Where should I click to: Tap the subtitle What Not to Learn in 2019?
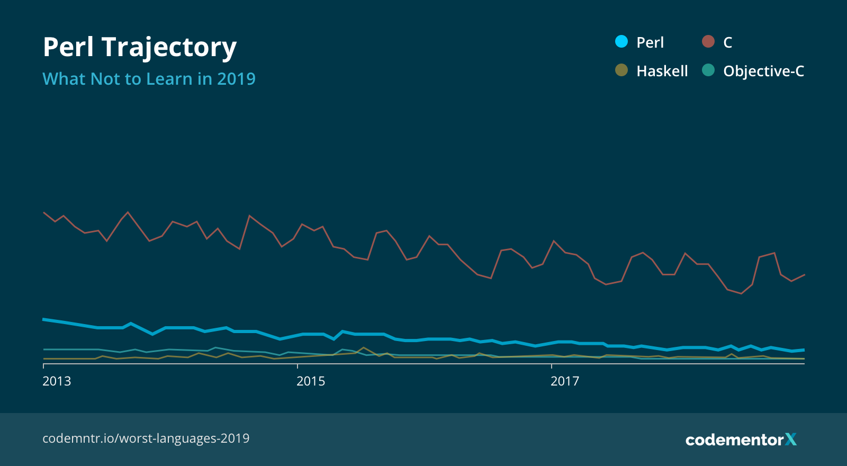pyautogui.click(x=149, y=79)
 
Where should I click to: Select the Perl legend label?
pyautogui.click(x=650, y=42)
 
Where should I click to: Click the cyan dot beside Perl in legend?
pyautogui.click(x=621, y=41)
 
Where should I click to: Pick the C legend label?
pyautogui.click(x=727, y=42)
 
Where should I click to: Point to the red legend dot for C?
pyautogui.click(x=708, y=41)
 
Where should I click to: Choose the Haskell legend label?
pyautogui.click(x=662, y=71)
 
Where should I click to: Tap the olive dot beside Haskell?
pyautogui.click(x=621, y=70)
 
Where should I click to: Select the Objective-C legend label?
pyautogui.click(x=763, y=71)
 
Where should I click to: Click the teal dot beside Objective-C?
pyautogui.click(x=708, y=70)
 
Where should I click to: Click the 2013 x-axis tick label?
pyautogui.click(x=57, y=381)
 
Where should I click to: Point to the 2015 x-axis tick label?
pyautogui.click(x=311, y=381)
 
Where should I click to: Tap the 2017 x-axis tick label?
pyautogui.click(x=565, y=381)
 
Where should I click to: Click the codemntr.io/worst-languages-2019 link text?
pyautogui.click(x=146, y=438)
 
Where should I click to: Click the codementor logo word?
pyautogui.click(x=734, y=440)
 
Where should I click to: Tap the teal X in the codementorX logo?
pyautogui.click(x=791, y=439)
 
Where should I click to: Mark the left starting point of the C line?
pyautogui.click(x=44, y=212)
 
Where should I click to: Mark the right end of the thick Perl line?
pyautogui.click(x=804, y=350)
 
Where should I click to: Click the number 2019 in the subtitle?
pyautogui.click(x=236, y=79)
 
